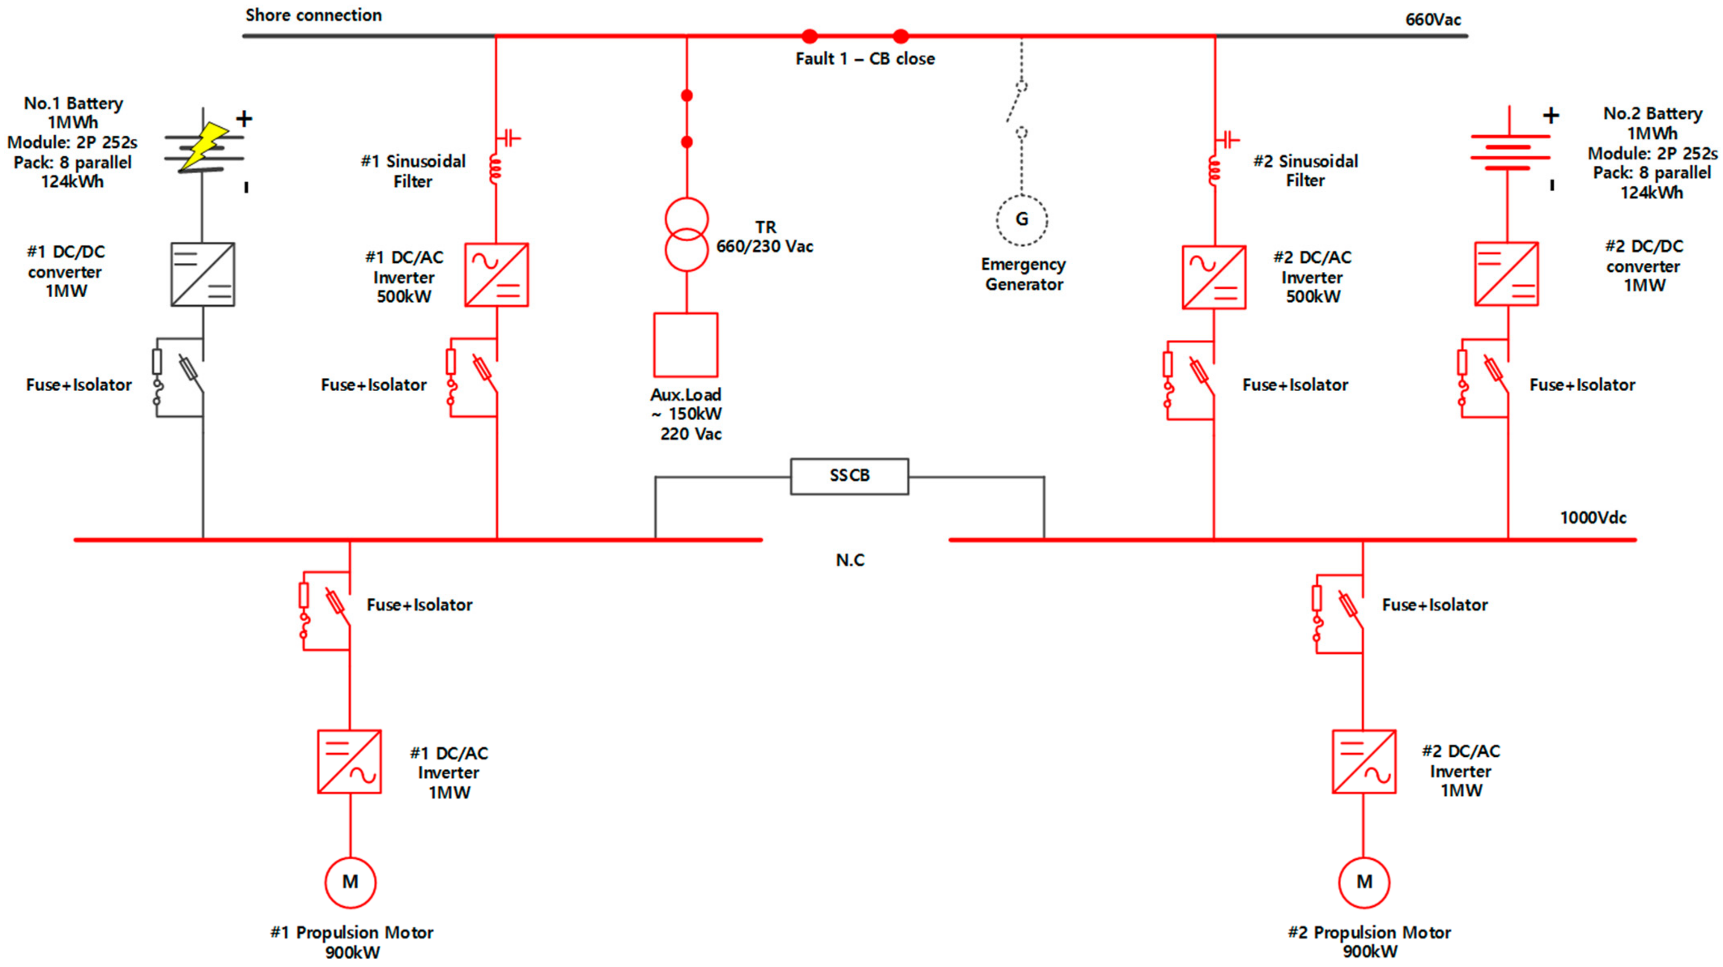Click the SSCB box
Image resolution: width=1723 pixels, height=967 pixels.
849,476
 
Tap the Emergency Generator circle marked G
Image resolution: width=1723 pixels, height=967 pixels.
1021,219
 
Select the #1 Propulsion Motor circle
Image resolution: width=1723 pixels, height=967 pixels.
350,882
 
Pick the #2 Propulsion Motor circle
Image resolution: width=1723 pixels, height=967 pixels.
1364,882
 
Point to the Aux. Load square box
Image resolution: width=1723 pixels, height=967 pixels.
685,345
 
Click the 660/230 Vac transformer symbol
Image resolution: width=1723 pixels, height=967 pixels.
686,234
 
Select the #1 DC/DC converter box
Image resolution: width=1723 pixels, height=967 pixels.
203,275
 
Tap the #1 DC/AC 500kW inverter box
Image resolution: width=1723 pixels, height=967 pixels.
496,275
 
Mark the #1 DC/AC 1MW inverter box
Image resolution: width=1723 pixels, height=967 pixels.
349,762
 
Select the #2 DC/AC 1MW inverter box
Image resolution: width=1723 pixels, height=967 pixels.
1364,762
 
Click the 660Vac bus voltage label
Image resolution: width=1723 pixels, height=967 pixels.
1433,19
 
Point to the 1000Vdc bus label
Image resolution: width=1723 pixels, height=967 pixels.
1593,517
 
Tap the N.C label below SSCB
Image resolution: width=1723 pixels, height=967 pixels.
849,560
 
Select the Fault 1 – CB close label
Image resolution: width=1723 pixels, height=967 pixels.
864,59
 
